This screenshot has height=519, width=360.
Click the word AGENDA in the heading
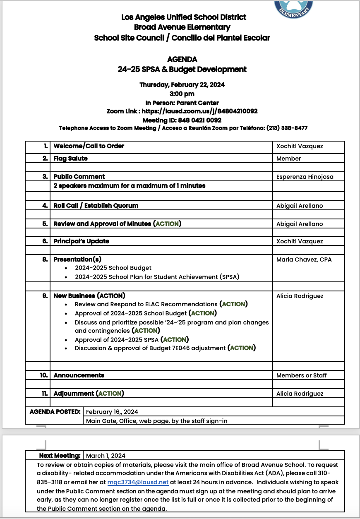click(x=182, y=60)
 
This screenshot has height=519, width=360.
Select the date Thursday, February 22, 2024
click(x=182, y=85)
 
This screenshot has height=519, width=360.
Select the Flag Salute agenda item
click(x=70, y=159)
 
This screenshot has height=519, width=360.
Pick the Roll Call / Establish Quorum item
click(x=96, y=206)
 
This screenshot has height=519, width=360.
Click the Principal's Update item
click(x=81, y=241)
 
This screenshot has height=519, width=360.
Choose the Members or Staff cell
click(x=301, y=375)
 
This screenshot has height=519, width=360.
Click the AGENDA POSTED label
click(x=55, y=412)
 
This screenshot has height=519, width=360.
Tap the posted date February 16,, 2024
click(x=112, y=412)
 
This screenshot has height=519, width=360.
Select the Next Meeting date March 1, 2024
click(x=106, y=456)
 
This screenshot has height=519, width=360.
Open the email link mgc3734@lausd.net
click(x=138, y=482)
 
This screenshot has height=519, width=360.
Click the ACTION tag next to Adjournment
click(x=110, y=394)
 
